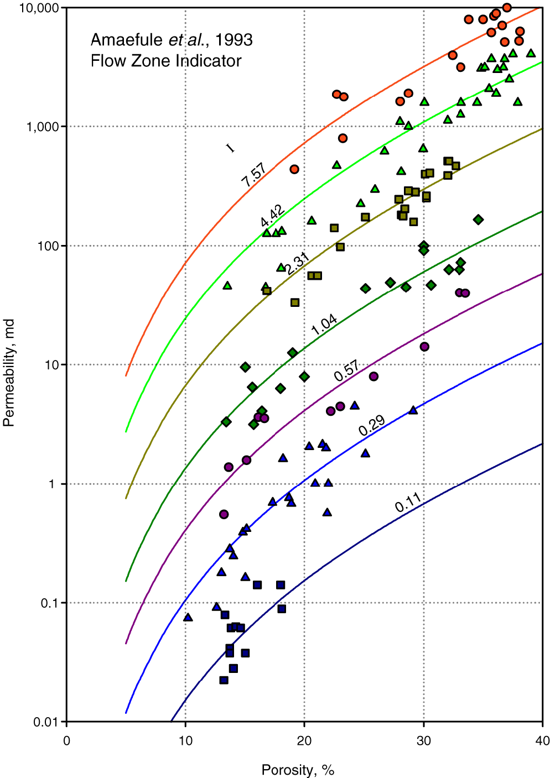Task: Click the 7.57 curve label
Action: pos(253,174)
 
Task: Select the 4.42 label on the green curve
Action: pos(272,215)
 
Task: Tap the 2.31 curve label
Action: pos(297,263)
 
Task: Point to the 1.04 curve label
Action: pos(324,325)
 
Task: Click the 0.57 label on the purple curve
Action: pos(346,370)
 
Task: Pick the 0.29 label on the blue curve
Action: pos(371,425)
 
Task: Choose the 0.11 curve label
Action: pos(408,502)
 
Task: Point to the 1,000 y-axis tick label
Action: pos(42,127)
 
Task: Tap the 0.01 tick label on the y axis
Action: pos(45,722)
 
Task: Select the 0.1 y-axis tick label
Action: pos(49,603)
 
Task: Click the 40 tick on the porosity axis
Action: pos(542,741)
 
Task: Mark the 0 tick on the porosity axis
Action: pos(66,741)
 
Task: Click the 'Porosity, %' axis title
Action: pos(298,770)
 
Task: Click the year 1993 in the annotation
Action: pos(234,40)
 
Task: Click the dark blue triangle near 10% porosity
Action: pos(188,617)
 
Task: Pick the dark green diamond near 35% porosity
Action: pos(478,220)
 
